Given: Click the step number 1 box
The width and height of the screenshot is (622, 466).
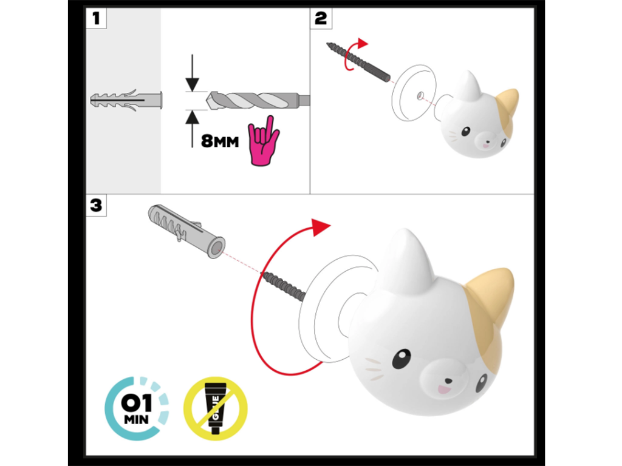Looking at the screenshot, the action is (x=97, y=19).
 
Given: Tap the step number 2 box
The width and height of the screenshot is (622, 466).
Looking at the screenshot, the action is (x=321, y=19).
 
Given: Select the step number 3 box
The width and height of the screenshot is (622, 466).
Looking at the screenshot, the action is (x=97, y=205).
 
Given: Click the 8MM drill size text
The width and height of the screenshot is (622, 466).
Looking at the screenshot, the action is (x=220, y=141).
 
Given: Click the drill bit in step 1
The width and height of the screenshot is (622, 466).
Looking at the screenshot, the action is (x=258, y=101).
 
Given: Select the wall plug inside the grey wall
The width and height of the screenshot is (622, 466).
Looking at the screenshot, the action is (x=126, y=100).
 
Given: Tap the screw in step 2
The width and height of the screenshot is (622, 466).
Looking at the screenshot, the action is (x=358, y=62).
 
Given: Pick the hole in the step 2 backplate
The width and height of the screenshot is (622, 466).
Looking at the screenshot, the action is (x=420, y=95).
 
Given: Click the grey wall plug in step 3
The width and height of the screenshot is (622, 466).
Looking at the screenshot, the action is (x=186, y=231).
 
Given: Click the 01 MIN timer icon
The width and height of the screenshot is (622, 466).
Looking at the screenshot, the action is (x=137, y=408).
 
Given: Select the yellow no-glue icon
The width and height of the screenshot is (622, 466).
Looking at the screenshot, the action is (x=216, y=408).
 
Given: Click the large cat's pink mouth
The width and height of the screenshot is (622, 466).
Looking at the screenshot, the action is (x=444, y=390).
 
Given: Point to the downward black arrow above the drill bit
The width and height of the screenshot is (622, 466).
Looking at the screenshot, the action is (x=193, y=73).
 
